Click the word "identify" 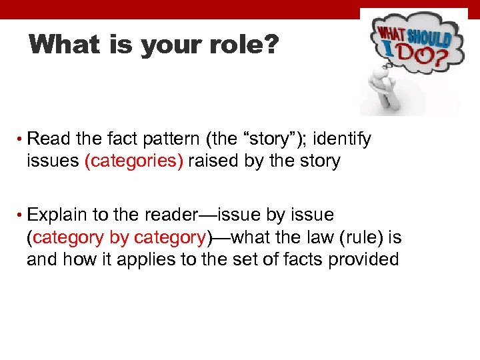tap(342, 139)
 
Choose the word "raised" tap(211, 161)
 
